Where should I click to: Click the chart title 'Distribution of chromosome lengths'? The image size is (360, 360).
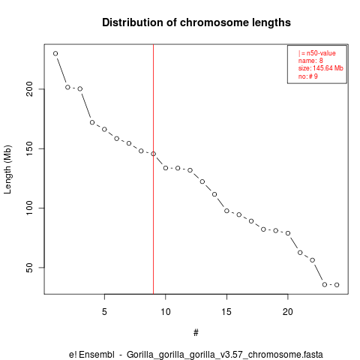(196, 22)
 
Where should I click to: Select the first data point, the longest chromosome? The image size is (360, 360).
(55, 53)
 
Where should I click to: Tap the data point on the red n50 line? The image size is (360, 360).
(153, 154)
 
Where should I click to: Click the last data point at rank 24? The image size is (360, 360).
(337, 285)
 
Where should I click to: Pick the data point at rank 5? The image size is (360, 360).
(104, 129)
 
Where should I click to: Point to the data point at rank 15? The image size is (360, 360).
(226, 211)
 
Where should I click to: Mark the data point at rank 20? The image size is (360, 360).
(288, 233)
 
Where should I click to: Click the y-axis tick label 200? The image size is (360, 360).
(29, 89)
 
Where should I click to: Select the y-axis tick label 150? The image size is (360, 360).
(29, 148)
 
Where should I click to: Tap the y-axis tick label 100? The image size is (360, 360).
(29, 208)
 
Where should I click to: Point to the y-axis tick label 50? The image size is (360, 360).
(29, 268)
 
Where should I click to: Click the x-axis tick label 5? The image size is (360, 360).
(104, 312)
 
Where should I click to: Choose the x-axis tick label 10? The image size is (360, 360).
(166, 312)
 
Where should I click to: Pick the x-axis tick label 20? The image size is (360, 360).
(288, 312)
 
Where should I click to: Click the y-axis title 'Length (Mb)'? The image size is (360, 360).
(7, 169)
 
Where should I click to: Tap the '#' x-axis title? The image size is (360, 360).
(196, 333)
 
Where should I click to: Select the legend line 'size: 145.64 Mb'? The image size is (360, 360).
(320, 68)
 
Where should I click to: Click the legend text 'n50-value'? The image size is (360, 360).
(321, 53)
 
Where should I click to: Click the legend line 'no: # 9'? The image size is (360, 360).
(307, 76)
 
